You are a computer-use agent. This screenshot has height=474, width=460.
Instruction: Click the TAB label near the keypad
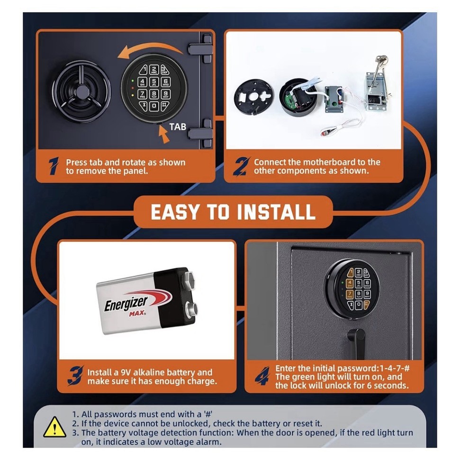(x=178, y=127)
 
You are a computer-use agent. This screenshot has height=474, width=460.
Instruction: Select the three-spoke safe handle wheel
(x=81, y=91)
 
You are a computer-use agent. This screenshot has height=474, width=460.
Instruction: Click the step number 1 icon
(x=54, y=167)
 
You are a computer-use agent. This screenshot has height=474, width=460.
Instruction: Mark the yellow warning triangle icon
(x=55, y=428)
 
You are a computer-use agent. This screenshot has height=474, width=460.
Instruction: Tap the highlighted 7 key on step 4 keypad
(x=350, y=294)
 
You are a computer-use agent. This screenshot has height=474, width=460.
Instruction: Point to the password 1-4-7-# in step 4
(x=386, y=368)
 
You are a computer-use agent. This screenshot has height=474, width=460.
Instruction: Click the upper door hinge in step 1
(x=201, y=50)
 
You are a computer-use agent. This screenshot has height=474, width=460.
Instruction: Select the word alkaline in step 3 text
(x=155, y=373)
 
